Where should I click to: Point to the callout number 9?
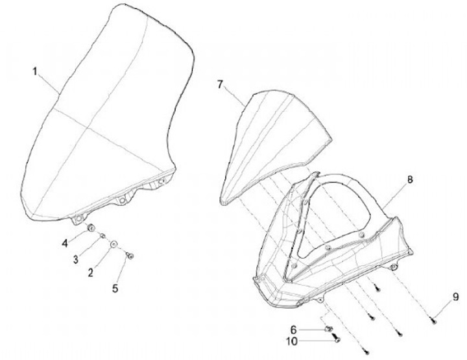(x=456, y=298)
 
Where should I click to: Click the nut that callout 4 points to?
(x=91, y=228)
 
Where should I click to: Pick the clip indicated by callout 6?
(x=328, y=328)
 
